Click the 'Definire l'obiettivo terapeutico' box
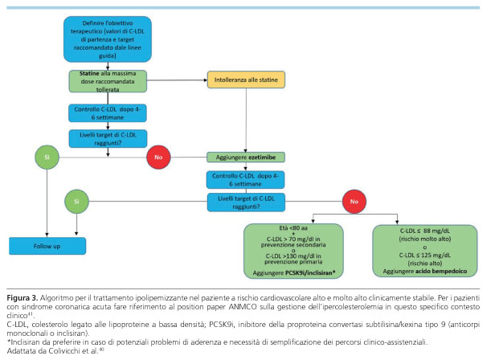tap(108, 39)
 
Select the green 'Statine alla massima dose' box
tap(108, 81)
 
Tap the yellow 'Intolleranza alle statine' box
tap(246, 80)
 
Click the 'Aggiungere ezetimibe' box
tap(246, 157)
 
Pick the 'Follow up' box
tap(47, 246)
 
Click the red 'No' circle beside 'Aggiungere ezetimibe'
tap(158, 157)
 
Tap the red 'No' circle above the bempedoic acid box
tap(354, 202)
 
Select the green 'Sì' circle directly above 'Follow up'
tap(47, 157)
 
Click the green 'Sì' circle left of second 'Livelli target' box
tap(76, 202)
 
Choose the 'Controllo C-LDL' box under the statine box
tap(108, 113)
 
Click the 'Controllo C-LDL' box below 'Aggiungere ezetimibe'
tap(245, 180)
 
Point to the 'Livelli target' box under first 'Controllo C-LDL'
tap(108, 138)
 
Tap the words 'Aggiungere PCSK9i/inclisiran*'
tap(294, 273)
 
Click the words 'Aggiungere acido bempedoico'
tap(425, 272)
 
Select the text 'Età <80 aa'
tap(293, 228)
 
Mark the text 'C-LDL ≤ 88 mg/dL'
tap(425, 231)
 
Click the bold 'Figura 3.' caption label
tap(22, 298)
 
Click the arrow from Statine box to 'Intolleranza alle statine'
tap(177, 80)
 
